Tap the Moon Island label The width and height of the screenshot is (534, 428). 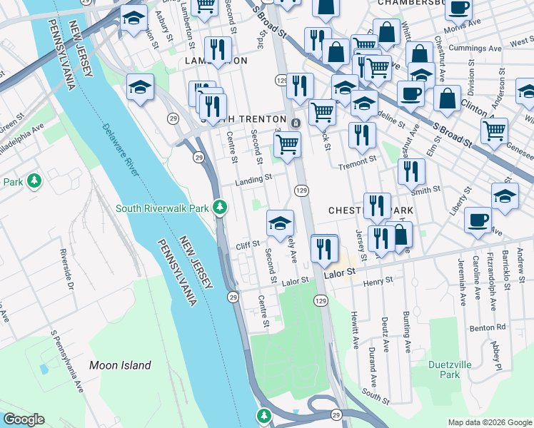click(x=120, y=365)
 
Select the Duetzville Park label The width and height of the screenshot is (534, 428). click(x=450, y=369)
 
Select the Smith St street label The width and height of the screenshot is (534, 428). click(x=425, y=190)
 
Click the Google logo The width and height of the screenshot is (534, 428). click(x=23, y=419)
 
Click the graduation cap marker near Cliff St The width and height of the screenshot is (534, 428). click(x=280, y=223)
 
